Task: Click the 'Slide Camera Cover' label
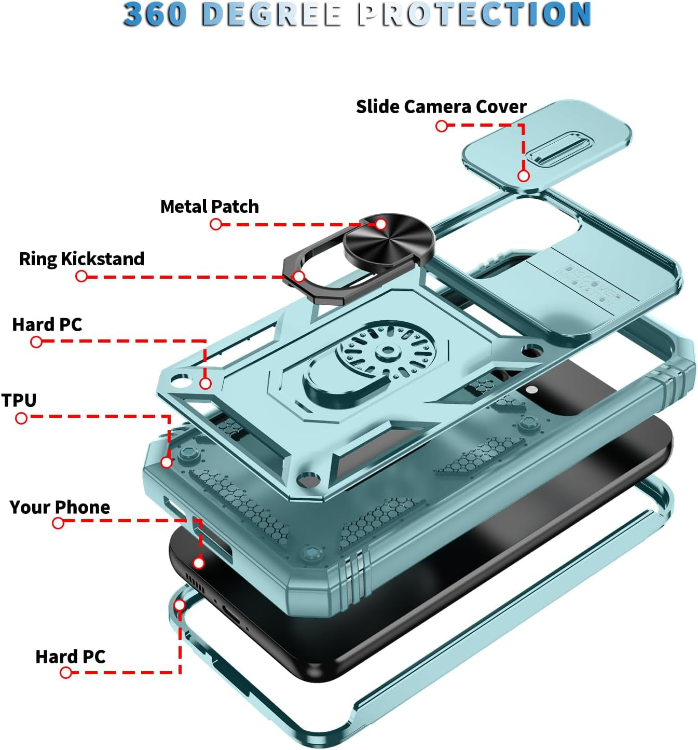coord(441,106)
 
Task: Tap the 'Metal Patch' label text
coord(209,207)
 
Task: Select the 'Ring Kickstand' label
coord(81,258)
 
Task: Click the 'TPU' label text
coord(19,400)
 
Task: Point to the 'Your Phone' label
coord(60,507)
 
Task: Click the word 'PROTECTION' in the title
coord(474,15)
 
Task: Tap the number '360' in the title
coord(155,15)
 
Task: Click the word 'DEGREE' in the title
coord(271,15)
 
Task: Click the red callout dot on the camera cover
coord(524,176)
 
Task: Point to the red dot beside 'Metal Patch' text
coord(216,224)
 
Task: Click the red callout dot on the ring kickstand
coord(298,276)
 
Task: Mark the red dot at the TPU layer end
coord(167,462)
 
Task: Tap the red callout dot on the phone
coord(199,563)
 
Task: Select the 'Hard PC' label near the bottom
coord(70,657)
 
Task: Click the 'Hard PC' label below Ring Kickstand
coord(47,324)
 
